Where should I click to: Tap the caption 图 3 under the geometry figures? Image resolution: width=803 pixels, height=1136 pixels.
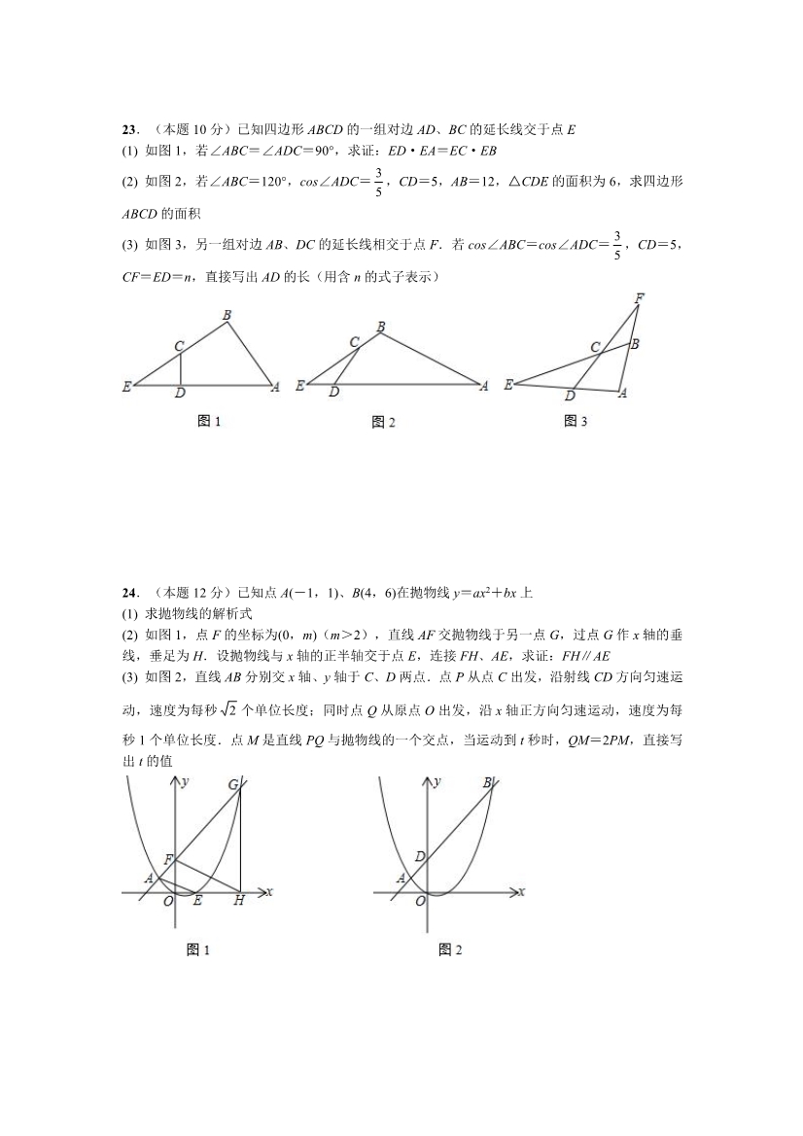pos(576,421)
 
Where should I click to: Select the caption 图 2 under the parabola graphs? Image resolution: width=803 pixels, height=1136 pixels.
pos(449,949)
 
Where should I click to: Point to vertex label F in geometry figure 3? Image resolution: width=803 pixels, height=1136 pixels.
pos(639,297)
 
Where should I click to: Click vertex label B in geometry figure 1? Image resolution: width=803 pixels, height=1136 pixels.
pos(227,314)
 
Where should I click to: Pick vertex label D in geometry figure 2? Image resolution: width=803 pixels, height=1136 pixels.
pos(334,393)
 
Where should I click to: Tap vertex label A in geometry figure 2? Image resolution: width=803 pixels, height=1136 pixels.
pos(484,386)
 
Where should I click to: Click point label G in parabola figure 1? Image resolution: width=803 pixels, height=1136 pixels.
pos(234,784)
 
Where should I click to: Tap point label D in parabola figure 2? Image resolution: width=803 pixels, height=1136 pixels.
pos(419,856)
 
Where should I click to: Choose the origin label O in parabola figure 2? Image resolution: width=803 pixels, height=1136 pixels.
pos(420,902)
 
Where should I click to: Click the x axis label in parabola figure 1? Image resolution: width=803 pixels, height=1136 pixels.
pos(268,890)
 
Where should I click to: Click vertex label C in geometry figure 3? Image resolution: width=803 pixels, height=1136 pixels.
pos(594,347)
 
